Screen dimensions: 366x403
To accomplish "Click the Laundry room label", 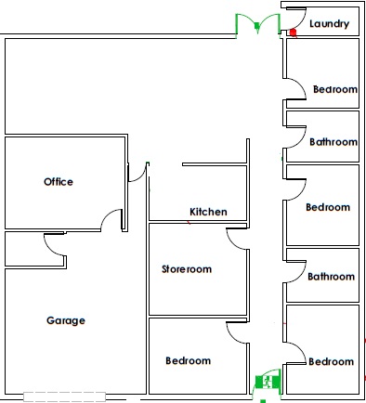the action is (x=330, y=24).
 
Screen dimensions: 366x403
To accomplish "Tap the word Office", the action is (x=59, y=182).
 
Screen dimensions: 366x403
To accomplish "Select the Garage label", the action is (x=66, y=320).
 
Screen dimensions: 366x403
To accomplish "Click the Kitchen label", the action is (x=208, y=212).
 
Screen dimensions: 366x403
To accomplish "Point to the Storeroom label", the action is (x=187, y=269).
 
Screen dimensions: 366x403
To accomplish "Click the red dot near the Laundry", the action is (x=293, y=32).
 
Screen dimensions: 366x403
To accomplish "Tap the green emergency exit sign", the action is (x=268, y=382).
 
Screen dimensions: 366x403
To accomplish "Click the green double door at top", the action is (x=257, y=25).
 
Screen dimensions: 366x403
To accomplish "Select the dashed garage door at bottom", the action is (x=65, y=396).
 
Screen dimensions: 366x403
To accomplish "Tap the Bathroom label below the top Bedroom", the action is (x=333, y=142).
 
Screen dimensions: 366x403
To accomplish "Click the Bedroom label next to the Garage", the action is (x=189, y=360).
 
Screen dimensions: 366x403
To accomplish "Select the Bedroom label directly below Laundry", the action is (x=335, y=89).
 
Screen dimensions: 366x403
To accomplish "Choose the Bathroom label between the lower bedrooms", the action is (x=332, y=277).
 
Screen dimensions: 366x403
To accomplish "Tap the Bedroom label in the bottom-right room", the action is (x=332, y=361).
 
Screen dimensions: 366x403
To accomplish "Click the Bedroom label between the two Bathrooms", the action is (x=328, y=207).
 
